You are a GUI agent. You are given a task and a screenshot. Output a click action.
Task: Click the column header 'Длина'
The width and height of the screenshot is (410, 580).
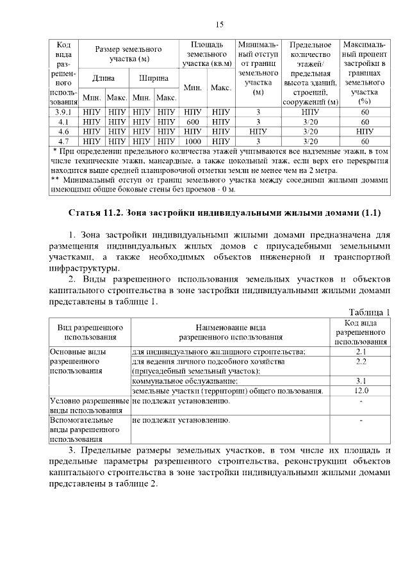[x=104, y=78]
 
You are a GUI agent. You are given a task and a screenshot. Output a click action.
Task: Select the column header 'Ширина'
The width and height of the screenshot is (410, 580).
[x=154, y=78]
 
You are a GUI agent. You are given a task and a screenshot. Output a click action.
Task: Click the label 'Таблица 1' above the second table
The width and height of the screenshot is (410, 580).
[x=369, y=312]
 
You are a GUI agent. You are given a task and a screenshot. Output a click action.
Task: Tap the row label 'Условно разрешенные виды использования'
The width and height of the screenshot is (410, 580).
[x=89, y=405]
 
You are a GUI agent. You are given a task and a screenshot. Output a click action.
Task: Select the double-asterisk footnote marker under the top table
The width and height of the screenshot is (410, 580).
[x=55, y=181]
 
